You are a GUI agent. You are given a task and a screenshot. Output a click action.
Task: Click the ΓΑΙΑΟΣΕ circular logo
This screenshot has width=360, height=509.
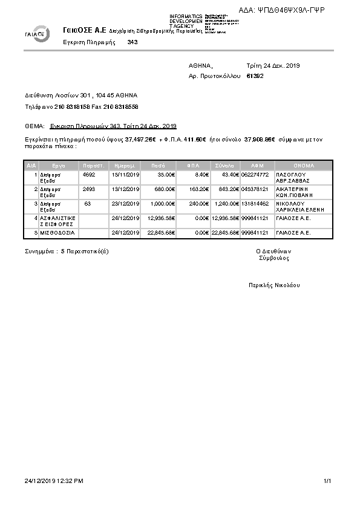(x=38, y=33)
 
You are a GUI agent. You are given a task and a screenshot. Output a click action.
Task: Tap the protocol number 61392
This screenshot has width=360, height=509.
(x=255, y=76)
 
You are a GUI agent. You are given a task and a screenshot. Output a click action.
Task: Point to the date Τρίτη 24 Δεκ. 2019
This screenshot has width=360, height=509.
(x=273, y=65)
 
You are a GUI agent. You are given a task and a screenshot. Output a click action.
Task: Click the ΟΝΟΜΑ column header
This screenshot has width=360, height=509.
(x=304, y=164)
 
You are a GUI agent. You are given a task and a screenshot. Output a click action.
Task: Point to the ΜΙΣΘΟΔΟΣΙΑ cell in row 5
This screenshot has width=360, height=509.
(x=56, y=233)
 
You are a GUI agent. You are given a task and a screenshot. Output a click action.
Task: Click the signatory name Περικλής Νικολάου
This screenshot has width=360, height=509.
(x=273, y=285)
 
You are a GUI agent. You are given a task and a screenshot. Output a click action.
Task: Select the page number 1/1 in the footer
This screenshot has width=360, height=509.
(x=327, y=481)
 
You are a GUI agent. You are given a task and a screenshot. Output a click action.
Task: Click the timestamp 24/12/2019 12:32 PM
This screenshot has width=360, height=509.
(x=54, y=481)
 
